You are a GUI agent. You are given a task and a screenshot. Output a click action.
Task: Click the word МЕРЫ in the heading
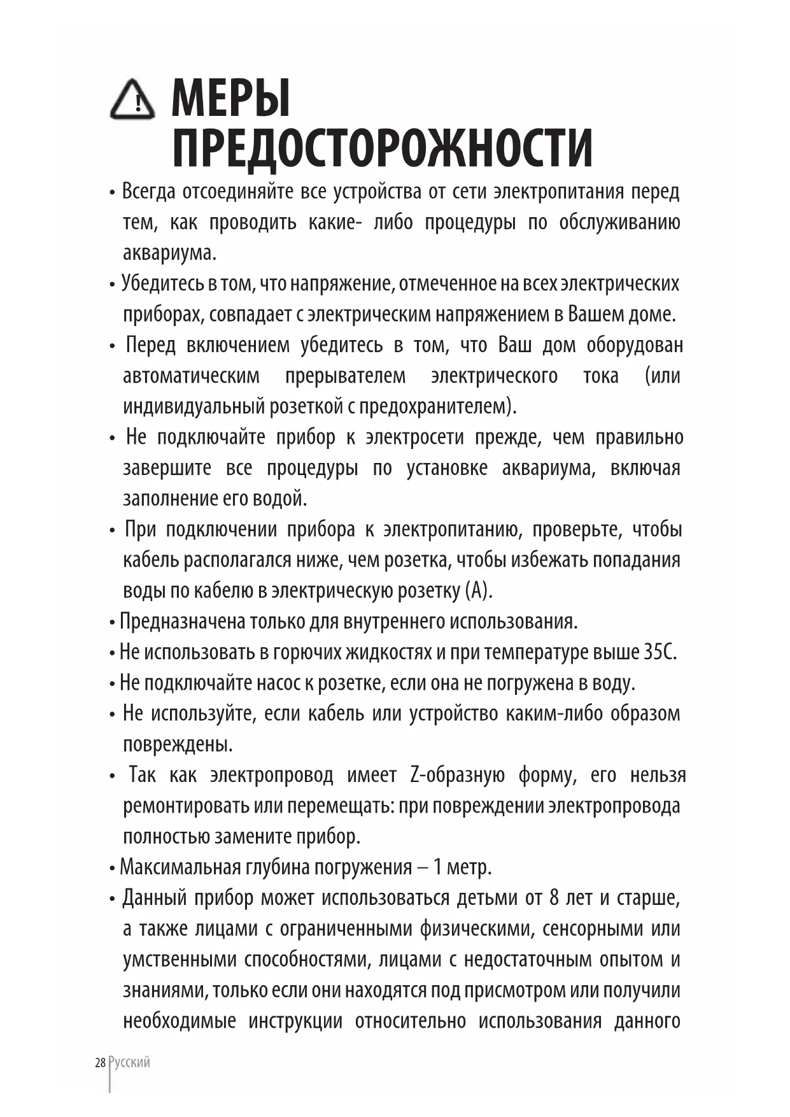230,98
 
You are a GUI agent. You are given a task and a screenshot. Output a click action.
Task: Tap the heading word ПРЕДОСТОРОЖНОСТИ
383,148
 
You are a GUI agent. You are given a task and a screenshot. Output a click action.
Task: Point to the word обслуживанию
619,222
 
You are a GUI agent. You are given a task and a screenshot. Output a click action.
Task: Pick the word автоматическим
191,376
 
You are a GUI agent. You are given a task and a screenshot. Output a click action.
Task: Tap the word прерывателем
345,376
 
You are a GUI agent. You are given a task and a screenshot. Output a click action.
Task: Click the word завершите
167,468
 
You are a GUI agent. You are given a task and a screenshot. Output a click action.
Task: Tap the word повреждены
178,744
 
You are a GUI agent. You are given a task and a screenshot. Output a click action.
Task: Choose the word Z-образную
458,775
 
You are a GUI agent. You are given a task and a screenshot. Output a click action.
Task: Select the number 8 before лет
554,898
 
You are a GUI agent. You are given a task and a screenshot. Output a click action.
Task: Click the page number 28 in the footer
100,1062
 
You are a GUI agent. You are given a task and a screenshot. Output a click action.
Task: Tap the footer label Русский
130,1062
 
